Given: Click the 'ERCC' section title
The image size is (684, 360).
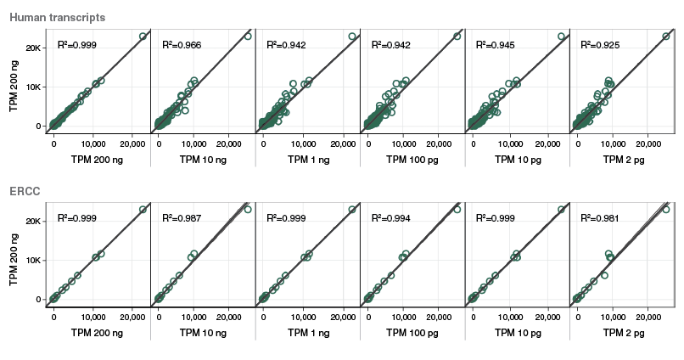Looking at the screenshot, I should tap(25, 191).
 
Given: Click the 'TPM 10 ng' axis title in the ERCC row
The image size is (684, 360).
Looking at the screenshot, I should tap(202, 333).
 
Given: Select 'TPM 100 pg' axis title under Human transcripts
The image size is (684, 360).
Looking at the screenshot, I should tap(412, 159).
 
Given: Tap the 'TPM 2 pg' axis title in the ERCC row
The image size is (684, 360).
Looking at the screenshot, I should tap(621, 333).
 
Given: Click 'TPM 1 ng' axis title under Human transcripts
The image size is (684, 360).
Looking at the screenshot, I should tap(307, 159).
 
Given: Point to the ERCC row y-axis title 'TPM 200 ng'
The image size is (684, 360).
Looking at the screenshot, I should tap(13, 255).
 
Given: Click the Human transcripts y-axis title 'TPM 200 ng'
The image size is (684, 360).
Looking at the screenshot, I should tap(13, 82).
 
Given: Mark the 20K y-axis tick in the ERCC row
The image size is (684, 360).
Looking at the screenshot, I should tap(32, 221).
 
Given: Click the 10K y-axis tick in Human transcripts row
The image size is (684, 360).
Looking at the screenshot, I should tap(32, 87).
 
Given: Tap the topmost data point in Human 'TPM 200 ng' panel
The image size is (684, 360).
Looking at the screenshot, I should tap(143, 37).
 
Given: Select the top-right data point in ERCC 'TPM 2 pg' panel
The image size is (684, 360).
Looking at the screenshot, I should tap(666, 209).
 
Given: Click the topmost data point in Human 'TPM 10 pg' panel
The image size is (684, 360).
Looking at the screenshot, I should tap(561, 37).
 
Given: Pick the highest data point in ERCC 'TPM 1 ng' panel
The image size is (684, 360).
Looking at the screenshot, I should tap(352, 209).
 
